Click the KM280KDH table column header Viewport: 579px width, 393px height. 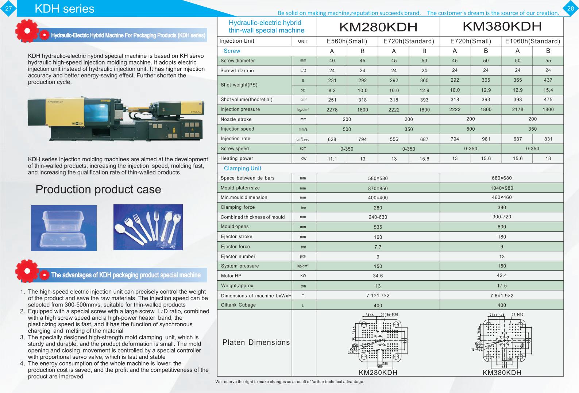pyautogui.click(x=378, y=27)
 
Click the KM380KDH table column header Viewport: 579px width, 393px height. pyautogui.click(x=502, y=26)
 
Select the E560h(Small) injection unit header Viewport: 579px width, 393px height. pyautogui.click(x=347, y=41)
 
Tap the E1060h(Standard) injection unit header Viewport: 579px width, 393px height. pyautogui.click(x=532, y=41)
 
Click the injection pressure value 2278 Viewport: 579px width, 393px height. pyautogui.click(x=332, y=109)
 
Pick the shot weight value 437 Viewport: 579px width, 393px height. pyautogui.click(x=548, y=80)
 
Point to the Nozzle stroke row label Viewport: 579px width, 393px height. pyautogui.click(x=236, y=119)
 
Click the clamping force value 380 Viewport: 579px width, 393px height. pyautogui.click(x=502, y=207)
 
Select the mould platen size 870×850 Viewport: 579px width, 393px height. pyautogui.click(x=378, y=188)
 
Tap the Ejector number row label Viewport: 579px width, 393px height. pyautogui.click(x=238, y=257)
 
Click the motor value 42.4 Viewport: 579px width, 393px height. pyautogui.click(x=502, y=276)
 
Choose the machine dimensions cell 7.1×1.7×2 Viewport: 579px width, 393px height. pyautogui.click(x=378, y=296)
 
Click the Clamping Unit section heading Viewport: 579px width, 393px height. pyautogui.click(x=243, y=168)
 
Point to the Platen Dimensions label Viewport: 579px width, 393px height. pyautogui.click(x=256, y=342)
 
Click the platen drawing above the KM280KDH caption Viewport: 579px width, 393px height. pyautogui.click(x=378, y=340)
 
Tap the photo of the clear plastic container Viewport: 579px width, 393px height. pyautogui.click(x=64, y=228)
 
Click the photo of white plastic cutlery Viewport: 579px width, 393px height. pyautogui.click(x=148, y=227)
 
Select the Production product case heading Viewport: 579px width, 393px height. pyautogui.click(x=98, y=189)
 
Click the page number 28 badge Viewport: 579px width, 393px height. pyautogui.click(x=571, y=8)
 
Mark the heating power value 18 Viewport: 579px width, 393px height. pyautogui.click(x=548, y=158)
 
